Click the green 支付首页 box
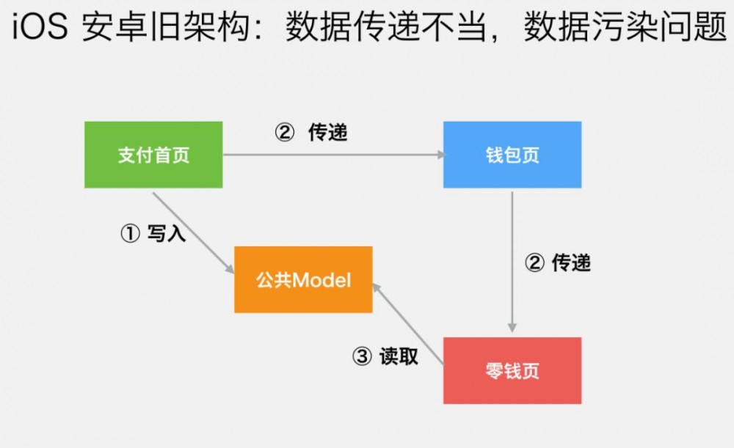[x=153, y=155]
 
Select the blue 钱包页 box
[x=512, y=155]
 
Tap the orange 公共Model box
[x=303, y=279]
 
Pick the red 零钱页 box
[x=512, y=370]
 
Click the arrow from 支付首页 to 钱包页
[x=330, y=155]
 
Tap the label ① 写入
[x=153, y=234]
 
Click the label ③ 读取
[x=386, y=356]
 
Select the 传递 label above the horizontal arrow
[x=327, y=133]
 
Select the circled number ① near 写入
[x=129, y=234]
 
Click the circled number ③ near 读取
[x=363, y=356]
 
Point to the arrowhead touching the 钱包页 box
[x=440, y=155]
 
